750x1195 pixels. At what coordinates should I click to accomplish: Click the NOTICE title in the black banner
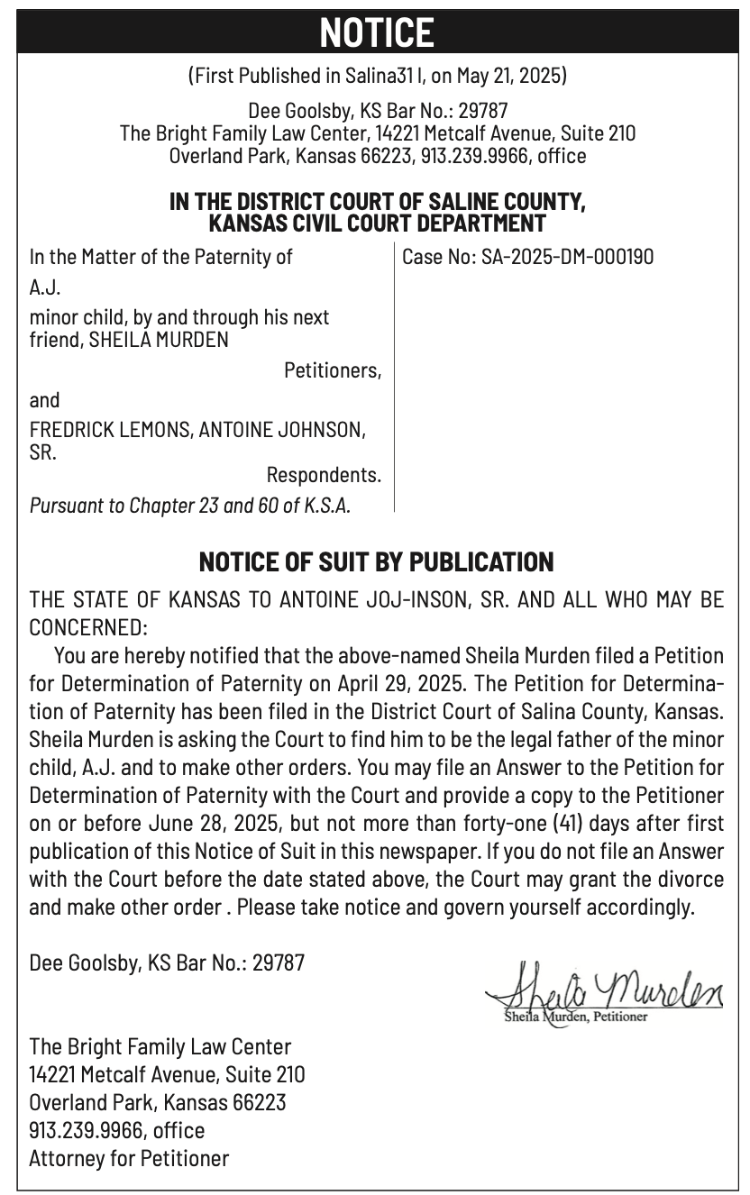[376, 34]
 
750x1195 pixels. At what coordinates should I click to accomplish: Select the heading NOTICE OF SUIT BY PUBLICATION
[376, 562]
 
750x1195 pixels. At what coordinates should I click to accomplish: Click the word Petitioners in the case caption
[333, 370]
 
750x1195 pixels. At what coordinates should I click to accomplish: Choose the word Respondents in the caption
[324, 474]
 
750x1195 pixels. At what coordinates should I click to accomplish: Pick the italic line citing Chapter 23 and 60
[190, 505]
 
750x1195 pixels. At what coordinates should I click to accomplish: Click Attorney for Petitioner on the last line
[129, 1158]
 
